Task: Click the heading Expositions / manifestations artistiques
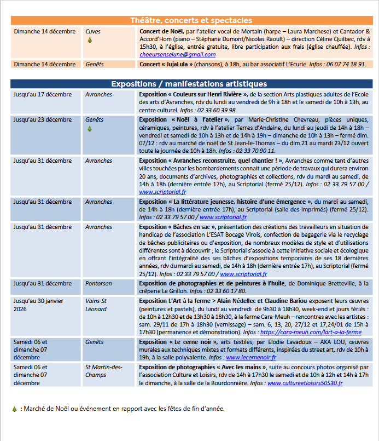click(x=189, y=84)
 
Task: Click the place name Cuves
click(x=93, y=32)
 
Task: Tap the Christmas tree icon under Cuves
click(x=90, y=40)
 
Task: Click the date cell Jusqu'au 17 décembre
click(x=43, y=94)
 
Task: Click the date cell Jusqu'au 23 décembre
click(x=43, y=119)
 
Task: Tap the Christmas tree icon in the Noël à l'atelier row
click(x=90, y=128)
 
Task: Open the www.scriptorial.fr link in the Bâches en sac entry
click(x=243, y=274)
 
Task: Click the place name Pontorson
click(x=98, y=284)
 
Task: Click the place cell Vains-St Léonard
click(x=96, y=305)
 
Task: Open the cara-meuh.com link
click(x=311, y=332)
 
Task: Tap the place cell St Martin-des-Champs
click(x=103, y=371)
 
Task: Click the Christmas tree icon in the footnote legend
click(x=14, y=409)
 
